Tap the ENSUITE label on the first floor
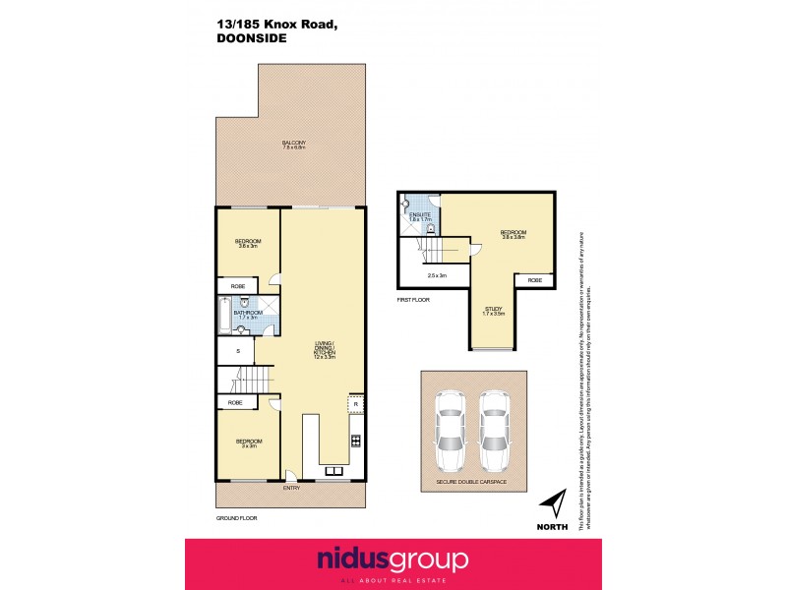point(421,214)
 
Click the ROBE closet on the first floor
point(534,280)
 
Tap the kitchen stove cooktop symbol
point(355,440)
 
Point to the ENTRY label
point(292,488)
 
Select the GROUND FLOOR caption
point(236,517)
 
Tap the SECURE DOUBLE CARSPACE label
point(476,484)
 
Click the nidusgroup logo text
point(393,560)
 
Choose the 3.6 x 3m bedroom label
point(248,244)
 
